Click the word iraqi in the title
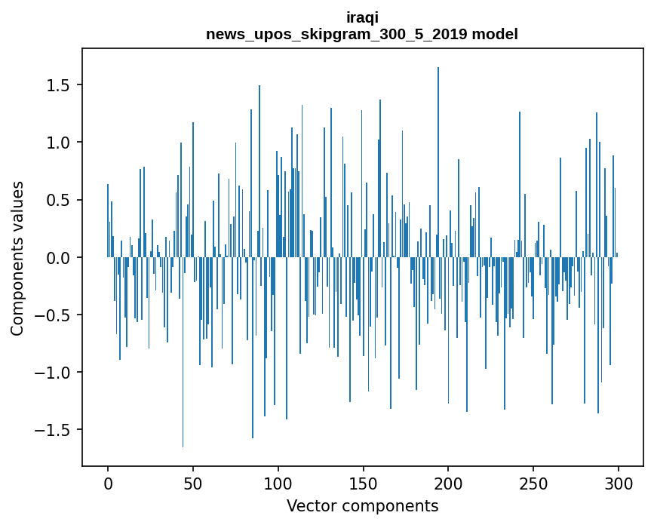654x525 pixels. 362,18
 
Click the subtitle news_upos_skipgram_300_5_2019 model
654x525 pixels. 362,34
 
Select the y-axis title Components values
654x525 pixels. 17,258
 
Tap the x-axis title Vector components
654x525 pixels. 362,505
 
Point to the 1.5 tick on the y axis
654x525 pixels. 59,85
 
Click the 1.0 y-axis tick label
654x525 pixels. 59,143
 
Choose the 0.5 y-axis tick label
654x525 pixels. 59,200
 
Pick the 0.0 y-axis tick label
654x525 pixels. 59,258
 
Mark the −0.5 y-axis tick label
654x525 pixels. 54,315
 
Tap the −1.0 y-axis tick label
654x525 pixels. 54,373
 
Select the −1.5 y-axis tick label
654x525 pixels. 54,430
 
